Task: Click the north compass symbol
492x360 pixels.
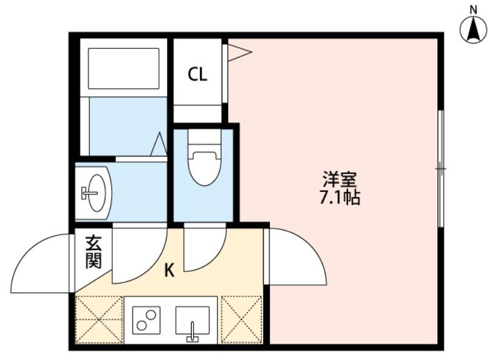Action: [x=473, y=29]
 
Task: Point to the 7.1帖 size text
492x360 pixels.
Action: [x=339, y=198]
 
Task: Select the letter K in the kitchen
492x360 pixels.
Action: [x=169, y=271]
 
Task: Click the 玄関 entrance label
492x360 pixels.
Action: [x=93, y=252]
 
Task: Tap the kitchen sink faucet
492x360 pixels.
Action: [x=192, y=333]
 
